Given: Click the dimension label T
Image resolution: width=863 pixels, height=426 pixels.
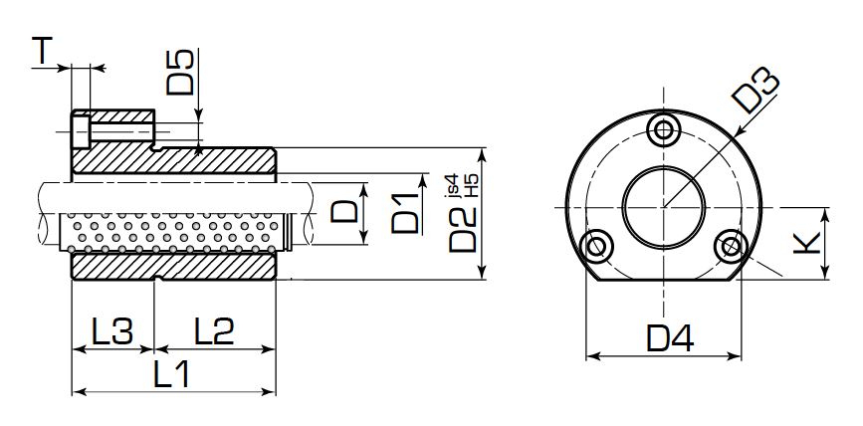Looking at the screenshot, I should pos(41,50).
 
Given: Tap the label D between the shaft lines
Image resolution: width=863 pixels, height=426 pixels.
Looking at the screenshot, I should pos(344,212).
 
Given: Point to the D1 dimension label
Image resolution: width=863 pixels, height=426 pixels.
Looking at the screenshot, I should pos(404,213).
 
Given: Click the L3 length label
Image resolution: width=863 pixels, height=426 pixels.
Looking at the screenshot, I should pos(111,330).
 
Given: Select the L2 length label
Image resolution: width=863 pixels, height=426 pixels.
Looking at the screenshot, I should pos(213,330).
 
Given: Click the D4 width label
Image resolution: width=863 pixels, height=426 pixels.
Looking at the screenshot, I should pos(666,339).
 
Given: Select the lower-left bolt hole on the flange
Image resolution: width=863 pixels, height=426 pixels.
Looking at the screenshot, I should pos(598,245).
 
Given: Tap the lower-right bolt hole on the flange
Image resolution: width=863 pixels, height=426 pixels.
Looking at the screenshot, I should pos(732,245).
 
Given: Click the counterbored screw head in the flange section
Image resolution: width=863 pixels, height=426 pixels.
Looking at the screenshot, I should pos(79,129).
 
